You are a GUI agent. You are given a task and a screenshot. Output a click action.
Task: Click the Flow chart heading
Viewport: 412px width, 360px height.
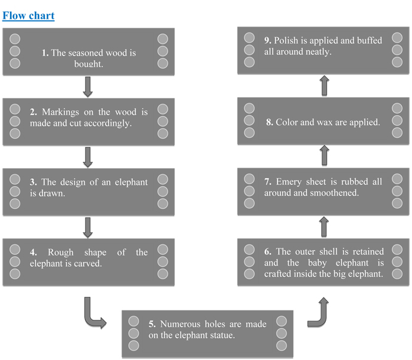pyautogui.click(x=28, y=16)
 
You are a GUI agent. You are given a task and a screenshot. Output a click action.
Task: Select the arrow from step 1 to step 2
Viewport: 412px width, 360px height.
pyautogui.click(x=88, y=87)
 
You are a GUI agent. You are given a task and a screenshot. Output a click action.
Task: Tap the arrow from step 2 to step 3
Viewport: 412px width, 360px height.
pyautogui.click(x=88, y=157)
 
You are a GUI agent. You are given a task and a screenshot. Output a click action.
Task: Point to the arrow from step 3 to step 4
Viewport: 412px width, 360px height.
pyautogui.click(x=88, y=228)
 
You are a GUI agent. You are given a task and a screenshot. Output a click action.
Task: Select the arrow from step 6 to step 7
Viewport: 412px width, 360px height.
pyautogui.click(x=324, y=227)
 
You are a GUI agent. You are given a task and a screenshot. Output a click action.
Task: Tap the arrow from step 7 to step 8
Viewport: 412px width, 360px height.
pyautogui.click(x=325, y=155)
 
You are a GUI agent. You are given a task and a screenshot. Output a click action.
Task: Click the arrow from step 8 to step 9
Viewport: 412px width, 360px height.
pyautogui.click(x=325, y=86)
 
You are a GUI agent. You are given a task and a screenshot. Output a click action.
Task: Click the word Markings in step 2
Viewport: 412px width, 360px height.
pyautogui.click(x=60, y=112)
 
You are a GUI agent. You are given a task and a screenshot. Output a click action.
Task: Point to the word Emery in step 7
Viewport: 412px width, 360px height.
pyautogui.click(x=289, y=182)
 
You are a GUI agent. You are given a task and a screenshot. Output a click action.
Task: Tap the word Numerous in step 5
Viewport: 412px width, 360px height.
pyautogui.click(x=180, y=324)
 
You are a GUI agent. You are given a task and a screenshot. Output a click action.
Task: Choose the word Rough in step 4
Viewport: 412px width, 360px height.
pyautogui.click(x=61, y=252)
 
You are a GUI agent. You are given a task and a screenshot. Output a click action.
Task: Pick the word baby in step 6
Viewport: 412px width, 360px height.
pyautogui.click(x=318, y=263)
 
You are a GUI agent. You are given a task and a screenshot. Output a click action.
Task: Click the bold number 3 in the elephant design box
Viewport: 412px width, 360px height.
pyautogui.click(x=33, y=182)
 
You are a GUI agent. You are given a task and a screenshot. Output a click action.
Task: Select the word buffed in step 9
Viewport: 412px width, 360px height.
pyautogui.click(x=370, y=41)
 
